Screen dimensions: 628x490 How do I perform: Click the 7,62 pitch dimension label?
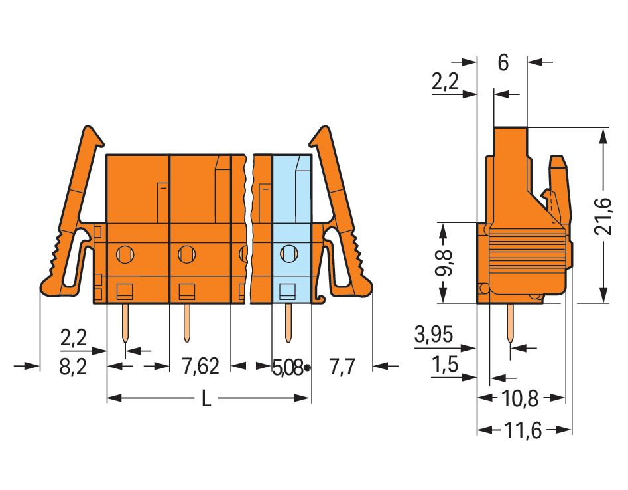point(201,366)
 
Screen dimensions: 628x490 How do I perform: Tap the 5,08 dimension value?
point(287,367)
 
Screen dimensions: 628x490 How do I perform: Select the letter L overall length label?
point(206,398)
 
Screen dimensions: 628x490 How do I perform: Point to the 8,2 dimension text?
point(74,367)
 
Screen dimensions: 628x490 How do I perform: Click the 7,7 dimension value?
point(342,367)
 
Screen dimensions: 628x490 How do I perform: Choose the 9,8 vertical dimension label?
point(443,262)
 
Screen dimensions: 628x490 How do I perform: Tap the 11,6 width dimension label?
point(523,431)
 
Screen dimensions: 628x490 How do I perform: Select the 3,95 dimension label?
point(433,334)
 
